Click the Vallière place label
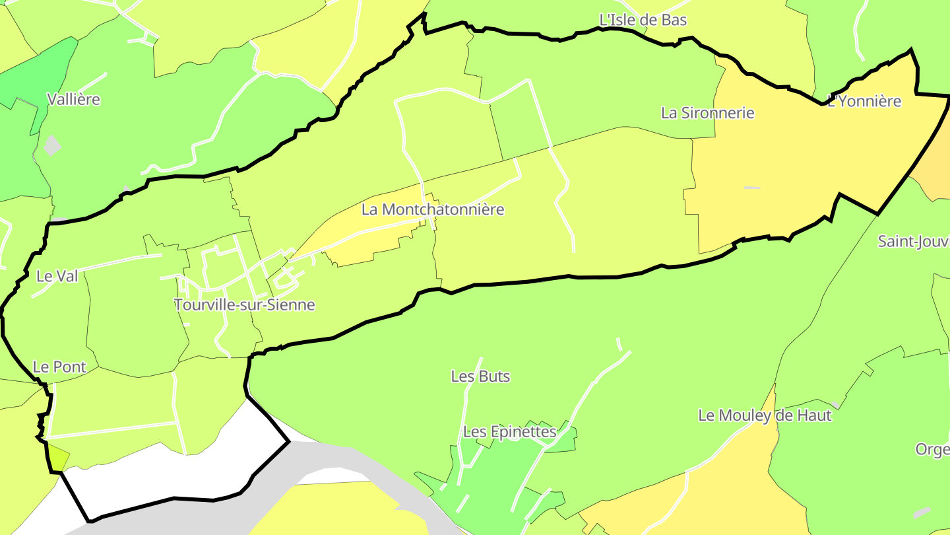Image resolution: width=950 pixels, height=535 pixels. coord(74,100)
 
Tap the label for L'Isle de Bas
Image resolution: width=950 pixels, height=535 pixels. coord(643,20)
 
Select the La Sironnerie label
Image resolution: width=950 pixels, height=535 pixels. coord(707,113)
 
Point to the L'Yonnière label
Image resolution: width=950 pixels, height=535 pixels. coord(864,102)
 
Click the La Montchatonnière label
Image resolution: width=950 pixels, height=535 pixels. coord(433,210)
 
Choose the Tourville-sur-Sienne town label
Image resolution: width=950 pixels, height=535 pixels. coord(244,305)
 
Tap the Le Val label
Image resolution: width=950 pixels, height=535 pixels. coord(57,277)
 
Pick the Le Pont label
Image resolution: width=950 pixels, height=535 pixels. coord(59,367)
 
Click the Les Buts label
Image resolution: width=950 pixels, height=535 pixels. coord(480,376)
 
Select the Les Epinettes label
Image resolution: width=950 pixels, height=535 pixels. coord(510,432)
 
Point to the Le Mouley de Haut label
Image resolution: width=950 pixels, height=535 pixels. coord(765,416)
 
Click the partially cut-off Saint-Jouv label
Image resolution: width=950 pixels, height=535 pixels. coord(913,242)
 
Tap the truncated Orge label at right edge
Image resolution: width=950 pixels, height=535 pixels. coord(932,450)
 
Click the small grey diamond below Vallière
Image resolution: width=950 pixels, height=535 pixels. coord(51,145)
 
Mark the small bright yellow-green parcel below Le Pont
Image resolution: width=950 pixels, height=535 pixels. coord(58,458)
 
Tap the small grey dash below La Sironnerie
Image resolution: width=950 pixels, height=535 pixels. coord(752,188)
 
